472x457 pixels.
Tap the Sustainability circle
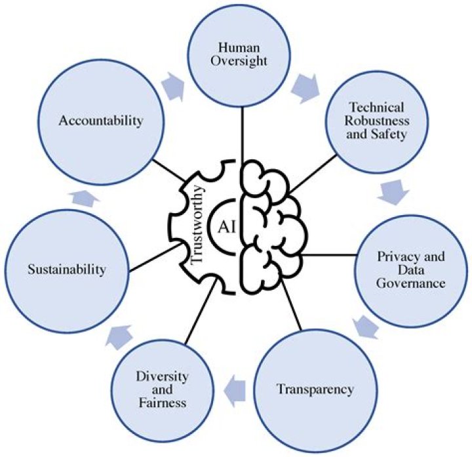65,269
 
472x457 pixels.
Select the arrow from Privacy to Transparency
365,326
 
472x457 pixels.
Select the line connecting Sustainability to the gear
150,258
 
